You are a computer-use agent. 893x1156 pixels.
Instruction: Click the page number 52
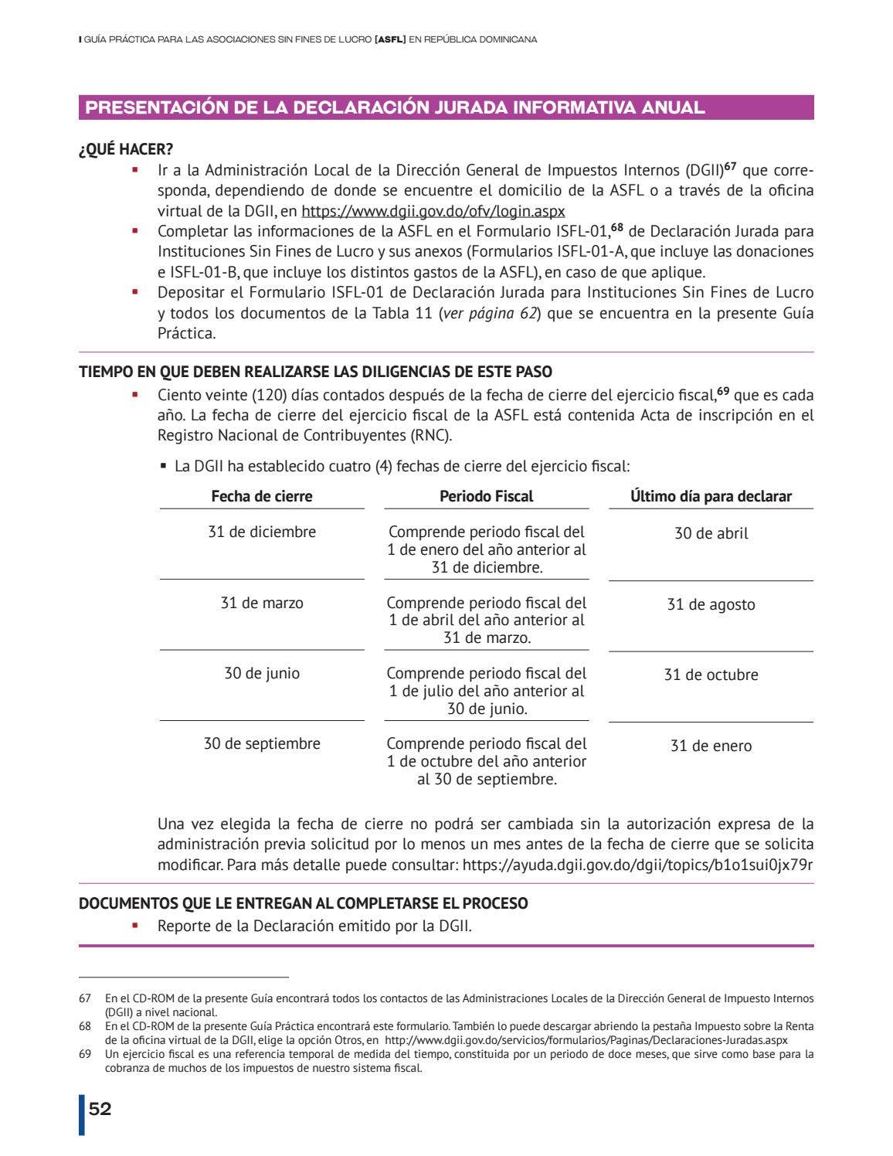click(x=100, y=1109)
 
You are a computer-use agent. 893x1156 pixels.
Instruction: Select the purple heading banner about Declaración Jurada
click(x=446, y=107)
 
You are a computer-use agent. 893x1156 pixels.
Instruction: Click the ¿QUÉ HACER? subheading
click(x=126, y=150)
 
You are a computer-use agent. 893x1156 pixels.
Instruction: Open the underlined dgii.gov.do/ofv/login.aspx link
click(x=433, y=211)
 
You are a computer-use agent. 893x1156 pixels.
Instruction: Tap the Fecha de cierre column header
click(x=262, y=496)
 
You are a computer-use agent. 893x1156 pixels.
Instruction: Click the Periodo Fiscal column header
click(x=486, y=496)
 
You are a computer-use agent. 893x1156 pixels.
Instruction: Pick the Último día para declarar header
click(x=711, y=496)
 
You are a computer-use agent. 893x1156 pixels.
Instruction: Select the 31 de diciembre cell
click(x=262, y=532)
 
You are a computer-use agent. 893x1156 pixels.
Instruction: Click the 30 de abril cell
click(x=711, y=533)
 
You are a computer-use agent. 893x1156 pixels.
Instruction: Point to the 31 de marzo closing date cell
click(x=262, y=603)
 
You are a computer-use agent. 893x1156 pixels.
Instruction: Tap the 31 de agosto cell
click(x=711, y=604)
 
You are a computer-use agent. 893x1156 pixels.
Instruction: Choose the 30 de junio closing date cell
click(x=262, y=673)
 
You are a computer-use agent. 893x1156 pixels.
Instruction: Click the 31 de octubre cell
click(x=711, y=675)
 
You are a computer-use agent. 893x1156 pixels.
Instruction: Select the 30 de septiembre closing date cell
click(x=262, y=743)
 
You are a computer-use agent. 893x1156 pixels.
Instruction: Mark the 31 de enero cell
click(x=711, y=746)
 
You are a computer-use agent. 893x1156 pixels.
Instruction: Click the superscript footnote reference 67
click(x=729, y=166)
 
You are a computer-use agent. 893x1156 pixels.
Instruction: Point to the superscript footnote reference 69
click(x=722, y=391)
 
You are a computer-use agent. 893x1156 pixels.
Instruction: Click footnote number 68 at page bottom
click(x=85, y=1026)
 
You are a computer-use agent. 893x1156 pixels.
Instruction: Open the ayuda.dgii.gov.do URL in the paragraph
click(x=637, y=865)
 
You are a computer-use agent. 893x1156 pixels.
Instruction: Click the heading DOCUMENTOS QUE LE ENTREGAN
click(x=303, y=903)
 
